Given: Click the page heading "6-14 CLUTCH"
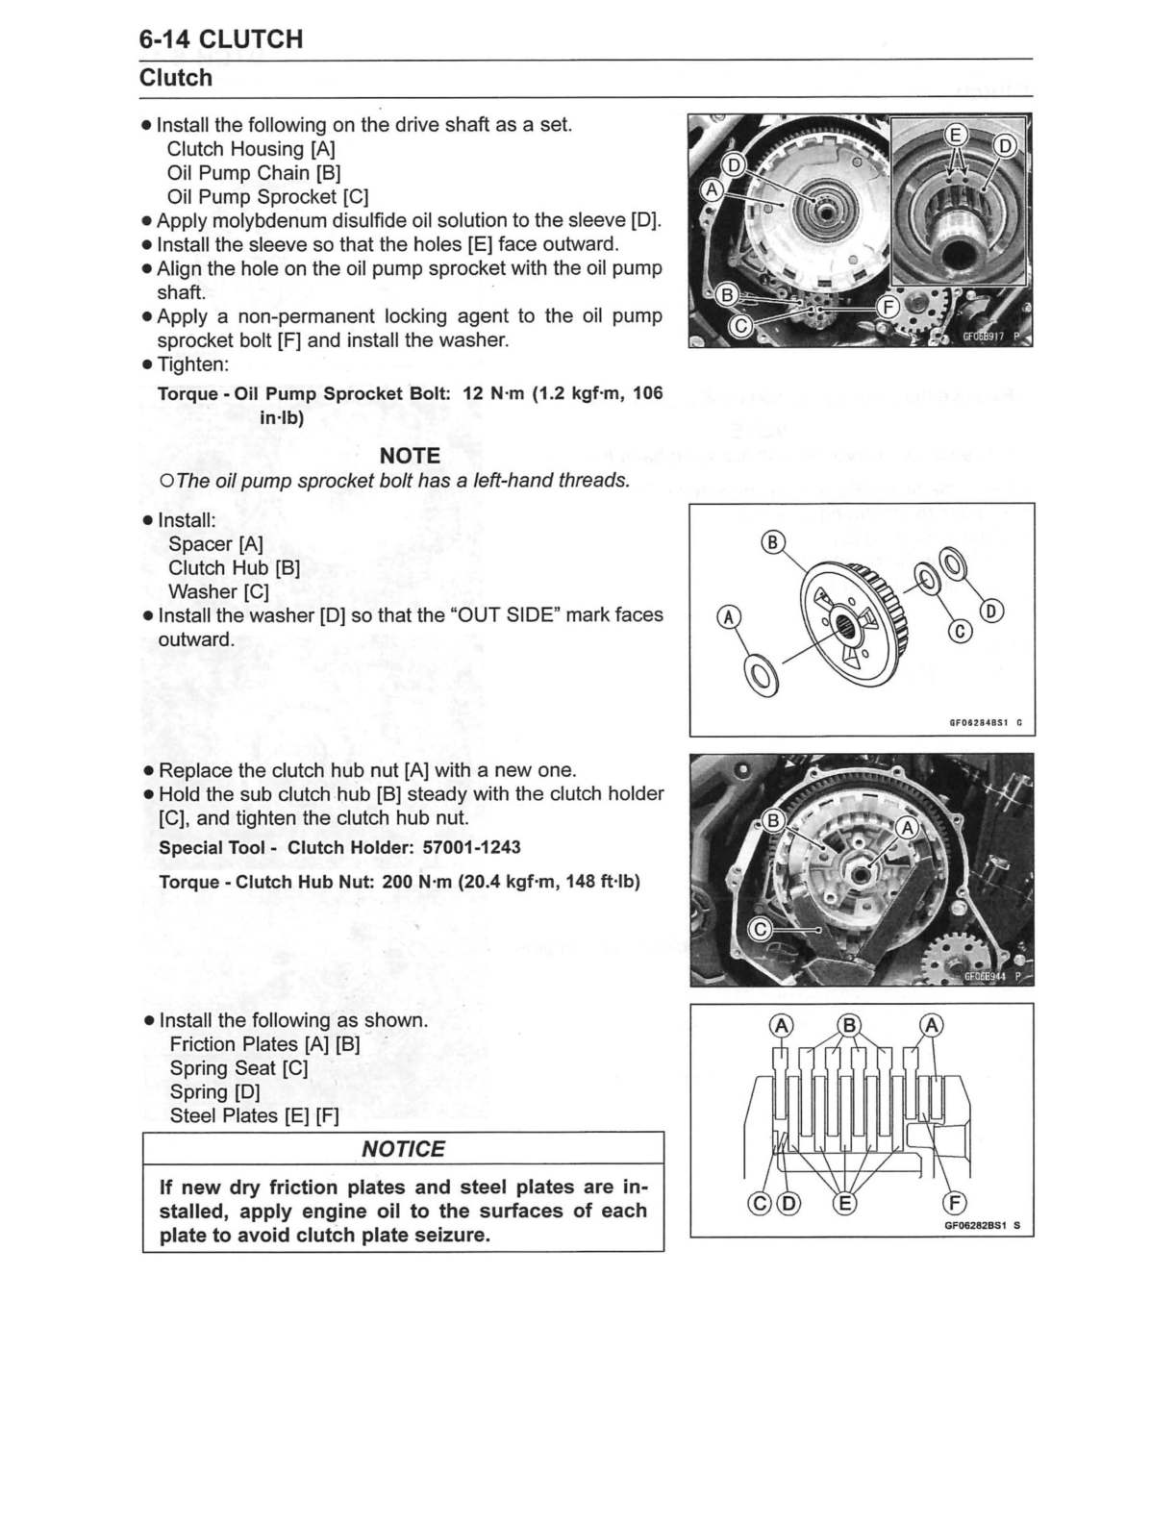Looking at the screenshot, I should click(220, 39).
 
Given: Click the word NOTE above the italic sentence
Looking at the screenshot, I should click(410, 456).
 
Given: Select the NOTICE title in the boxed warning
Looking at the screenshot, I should click(403, 1149).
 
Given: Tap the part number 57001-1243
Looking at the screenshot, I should click(471, 847).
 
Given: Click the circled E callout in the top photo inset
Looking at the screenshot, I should click(955, 135).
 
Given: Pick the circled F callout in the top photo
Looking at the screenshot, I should click(889, 308).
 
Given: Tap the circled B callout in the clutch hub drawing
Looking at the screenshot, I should click(773, 541).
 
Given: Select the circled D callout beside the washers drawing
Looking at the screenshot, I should click(992, 612).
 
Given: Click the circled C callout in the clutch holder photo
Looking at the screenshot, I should click(760, 929).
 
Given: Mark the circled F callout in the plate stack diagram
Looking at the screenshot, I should click(955, 1203).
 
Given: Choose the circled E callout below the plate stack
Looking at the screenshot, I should click(844, 1203).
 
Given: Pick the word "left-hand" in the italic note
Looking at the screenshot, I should click(499, 481).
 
